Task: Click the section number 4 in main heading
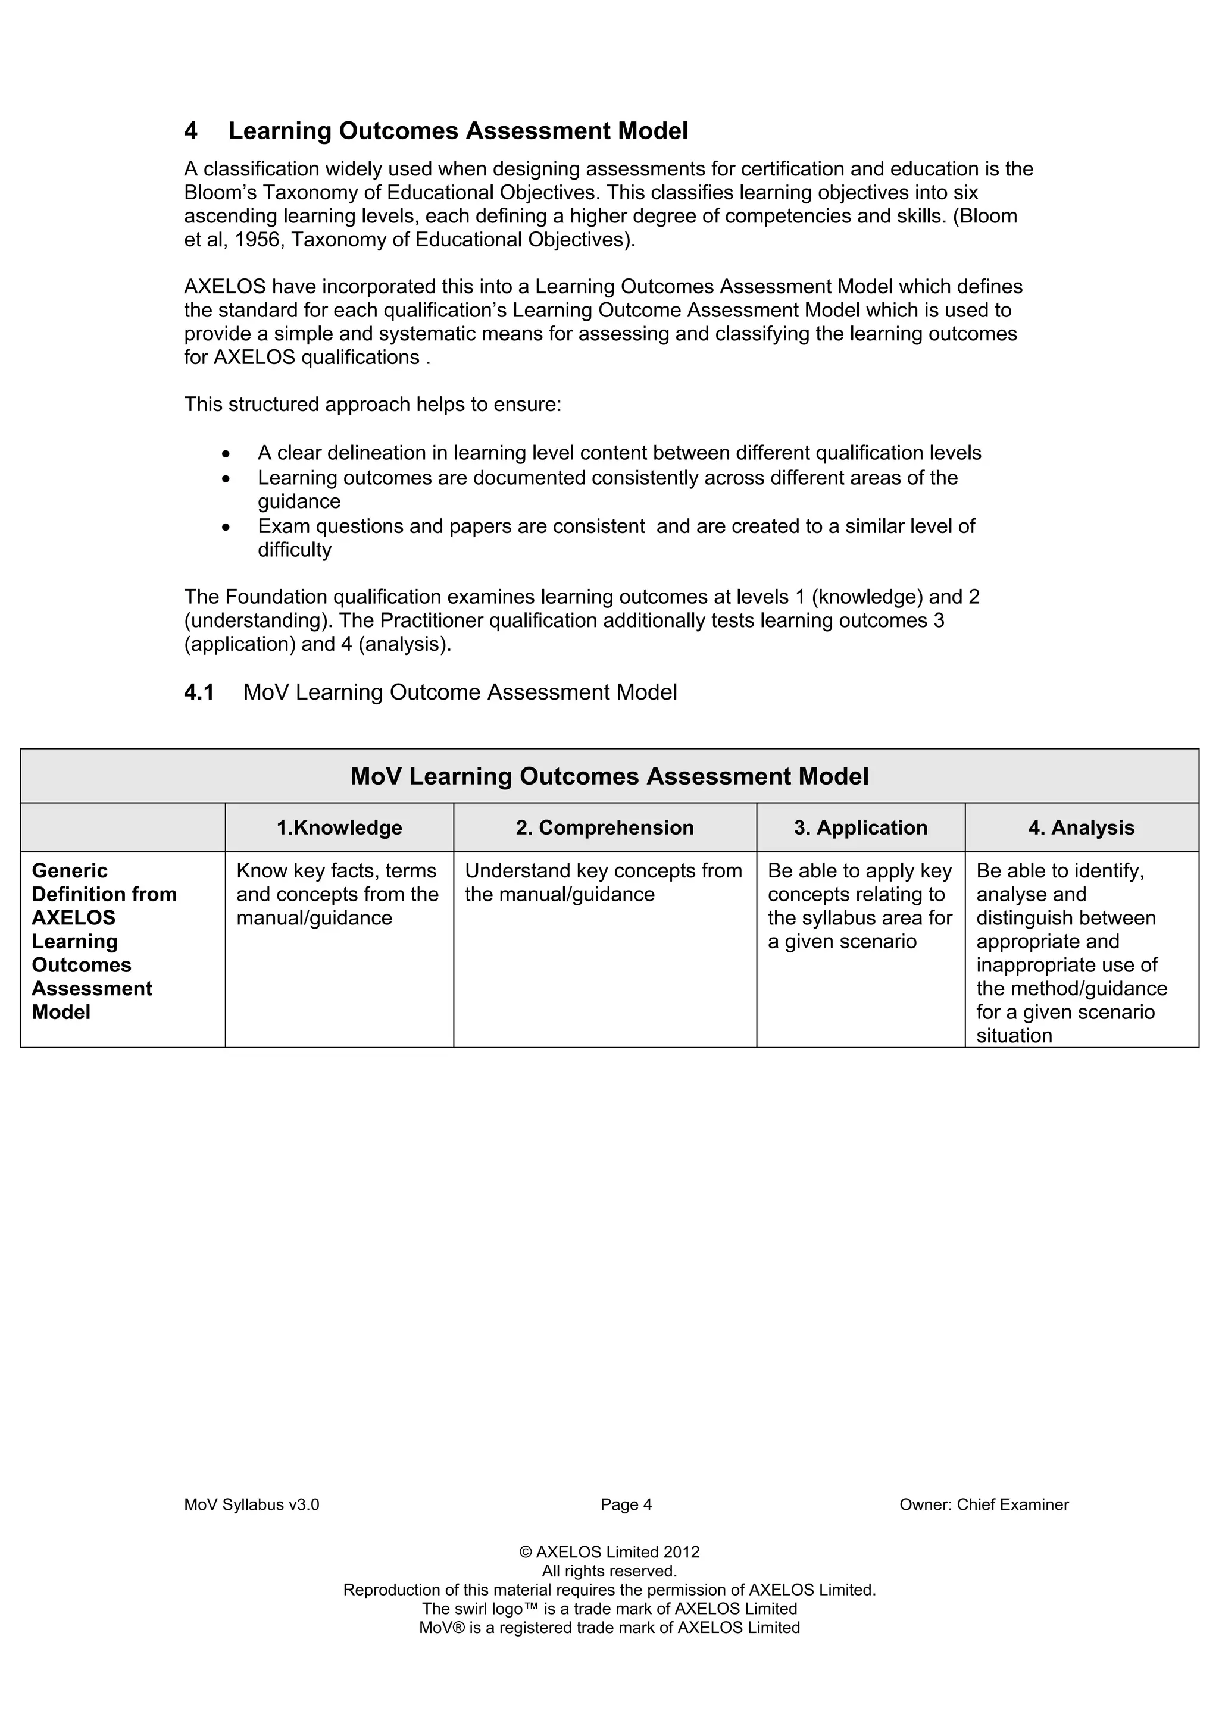tap(191, 131)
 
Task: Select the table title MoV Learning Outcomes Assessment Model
tap(609, 776)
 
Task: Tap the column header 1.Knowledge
tap(339, 828)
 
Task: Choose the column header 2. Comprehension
tap(605, 828)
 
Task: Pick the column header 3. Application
tap(861, 828)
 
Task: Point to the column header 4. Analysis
tap(1081, 828)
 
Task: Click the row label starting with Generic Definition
tap(104, 941)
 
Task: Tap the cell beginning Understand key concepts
tap(603, 883)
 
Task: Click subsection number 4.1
tap(199, 692)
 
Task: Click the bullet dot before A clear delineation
tap(226, 454)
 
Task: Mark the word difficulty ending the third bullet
tap(295, 550)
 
